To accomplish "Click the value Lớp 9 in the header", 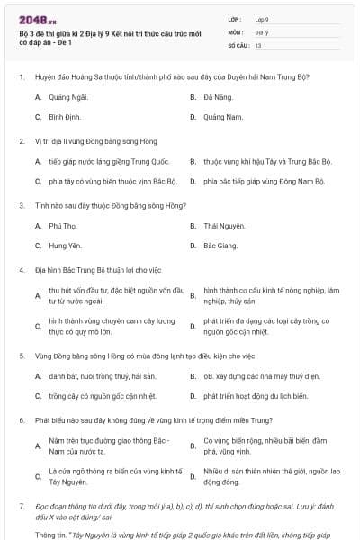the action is pos(261,18).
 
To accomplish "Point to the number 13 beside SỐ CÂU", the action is pos(258,44).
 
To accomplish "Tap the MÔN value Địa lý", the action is pos(260,31).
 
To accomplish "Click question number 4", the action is pos(21,269).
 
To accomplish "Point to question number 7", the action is pos(21,508).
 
